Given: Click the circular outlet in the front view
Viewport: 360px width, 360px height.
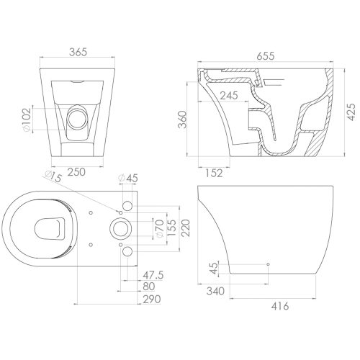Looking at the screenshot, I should [x=75, y=120].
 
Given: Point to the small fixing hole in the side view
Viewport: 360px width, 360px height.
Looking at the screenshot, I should [x=268, y=265].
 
